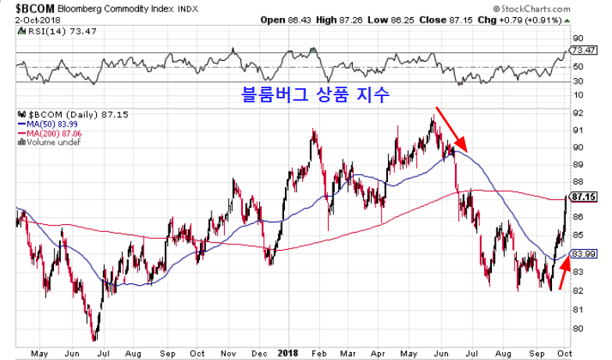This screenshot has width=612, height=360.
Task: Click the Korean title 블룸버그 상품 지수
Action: (315, 95)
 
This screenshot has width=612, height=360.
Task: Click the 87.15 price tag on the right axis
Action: (585, 197)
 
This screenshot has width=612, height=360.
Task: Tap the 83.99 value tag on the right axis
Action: (585, 254)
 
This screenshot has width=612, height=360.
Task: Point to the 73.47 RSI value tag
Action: (585, 50)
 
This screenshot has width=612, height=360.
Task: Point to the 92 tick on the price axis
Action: (578, 112)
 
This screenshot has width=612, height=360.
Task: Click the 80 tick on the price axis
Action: (578, 329)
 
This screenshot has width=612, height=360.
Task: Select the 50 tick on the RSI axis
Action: (578, 66)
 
